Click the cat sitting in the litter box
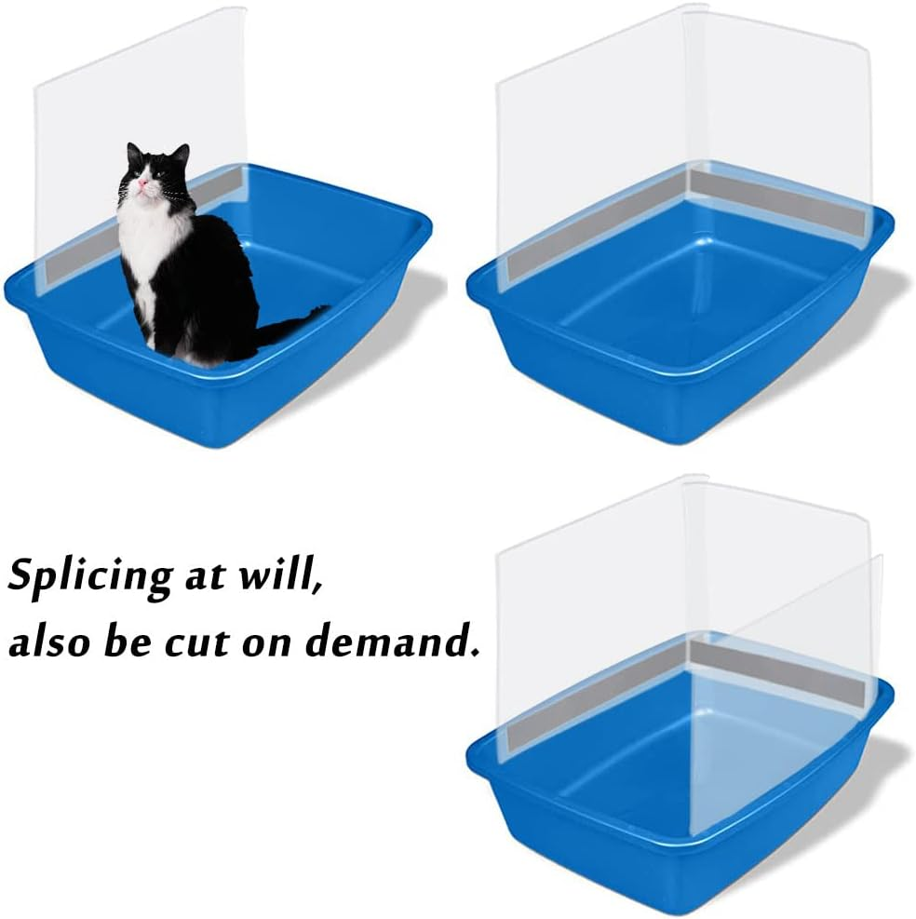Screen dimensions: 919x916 tap(186, 261)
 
